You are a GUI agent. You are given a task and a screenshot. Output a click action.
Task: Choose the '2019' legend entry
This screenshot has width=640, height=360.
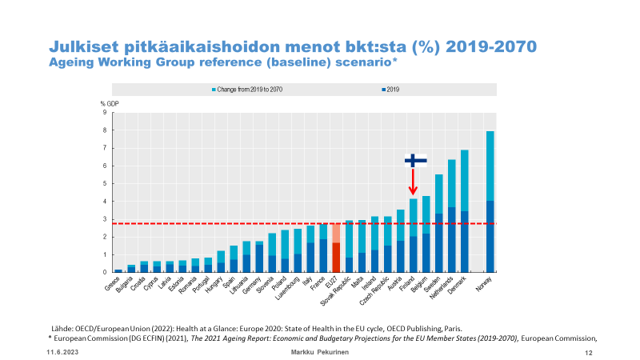pos(391,89)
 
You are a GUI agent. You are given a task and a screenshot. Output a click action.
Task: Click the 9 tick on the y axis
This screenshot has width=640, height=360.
pos(104,112)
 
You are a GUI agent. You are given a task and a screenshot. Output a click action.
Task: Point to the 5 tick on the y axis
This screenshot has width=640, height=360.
pos(104,183)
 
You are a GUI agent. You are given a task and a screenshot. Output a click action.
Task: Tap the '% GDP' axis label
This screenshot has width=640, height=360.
pos(109,102)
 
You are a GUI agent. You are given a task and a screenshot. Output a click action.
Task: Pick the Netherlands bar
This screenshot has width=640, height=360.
pos(451,216)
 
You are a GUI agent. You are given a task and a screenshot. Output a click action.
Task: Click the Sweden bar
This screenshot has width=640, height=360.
pos(438,223)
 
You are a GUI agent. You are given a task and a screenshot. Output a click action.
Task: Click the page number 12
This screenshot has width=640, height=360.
pos(588,352)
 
